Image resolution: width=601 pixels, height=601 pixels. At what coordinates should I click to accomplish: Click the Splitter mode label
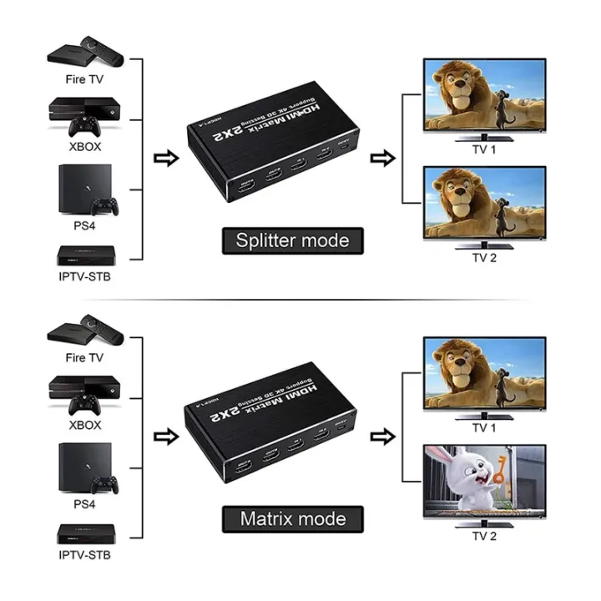pos(292,241)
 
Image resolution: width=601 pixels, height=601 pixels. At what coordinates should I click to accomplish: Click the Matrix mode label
pos(292,518)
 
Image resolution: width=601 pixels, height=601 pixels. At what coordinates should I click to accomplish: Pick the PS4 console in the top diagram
pos(83,189)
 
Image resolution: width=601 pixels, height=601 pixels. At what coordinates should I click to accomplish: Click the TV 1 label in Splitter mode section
pos(483,149)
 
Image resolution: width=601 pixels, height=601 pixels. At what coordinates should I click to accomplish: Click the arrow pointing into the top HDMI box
pos(167,158)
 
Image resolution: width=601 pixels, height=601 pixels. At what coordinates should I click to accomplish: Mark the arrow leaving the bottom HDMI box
pos(382,435)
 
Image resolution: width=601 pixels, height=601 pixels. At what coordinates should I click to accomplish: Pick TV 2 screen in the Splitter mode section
pos(484,204)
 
